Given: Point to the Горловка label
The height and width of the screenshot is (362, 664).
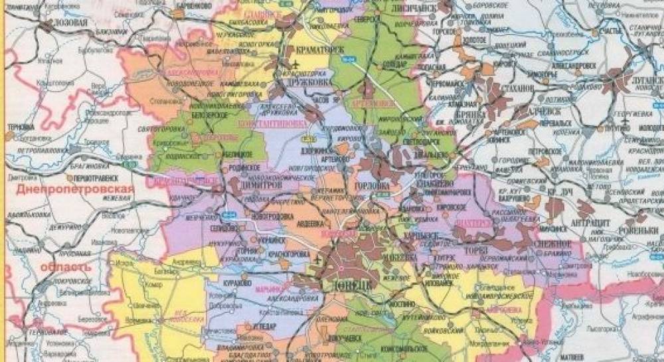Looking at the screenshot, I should (x=373, y=186).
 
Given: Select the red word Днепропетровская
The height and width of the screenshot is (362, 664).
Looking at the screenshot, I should (x=73, y=189).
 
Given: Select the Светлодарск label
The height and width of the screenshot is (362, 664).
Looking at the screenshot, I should (x=406, y=141).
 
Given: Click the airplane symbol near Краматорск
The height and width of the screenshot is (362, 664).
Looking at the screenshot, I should (x=294, y=63).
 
